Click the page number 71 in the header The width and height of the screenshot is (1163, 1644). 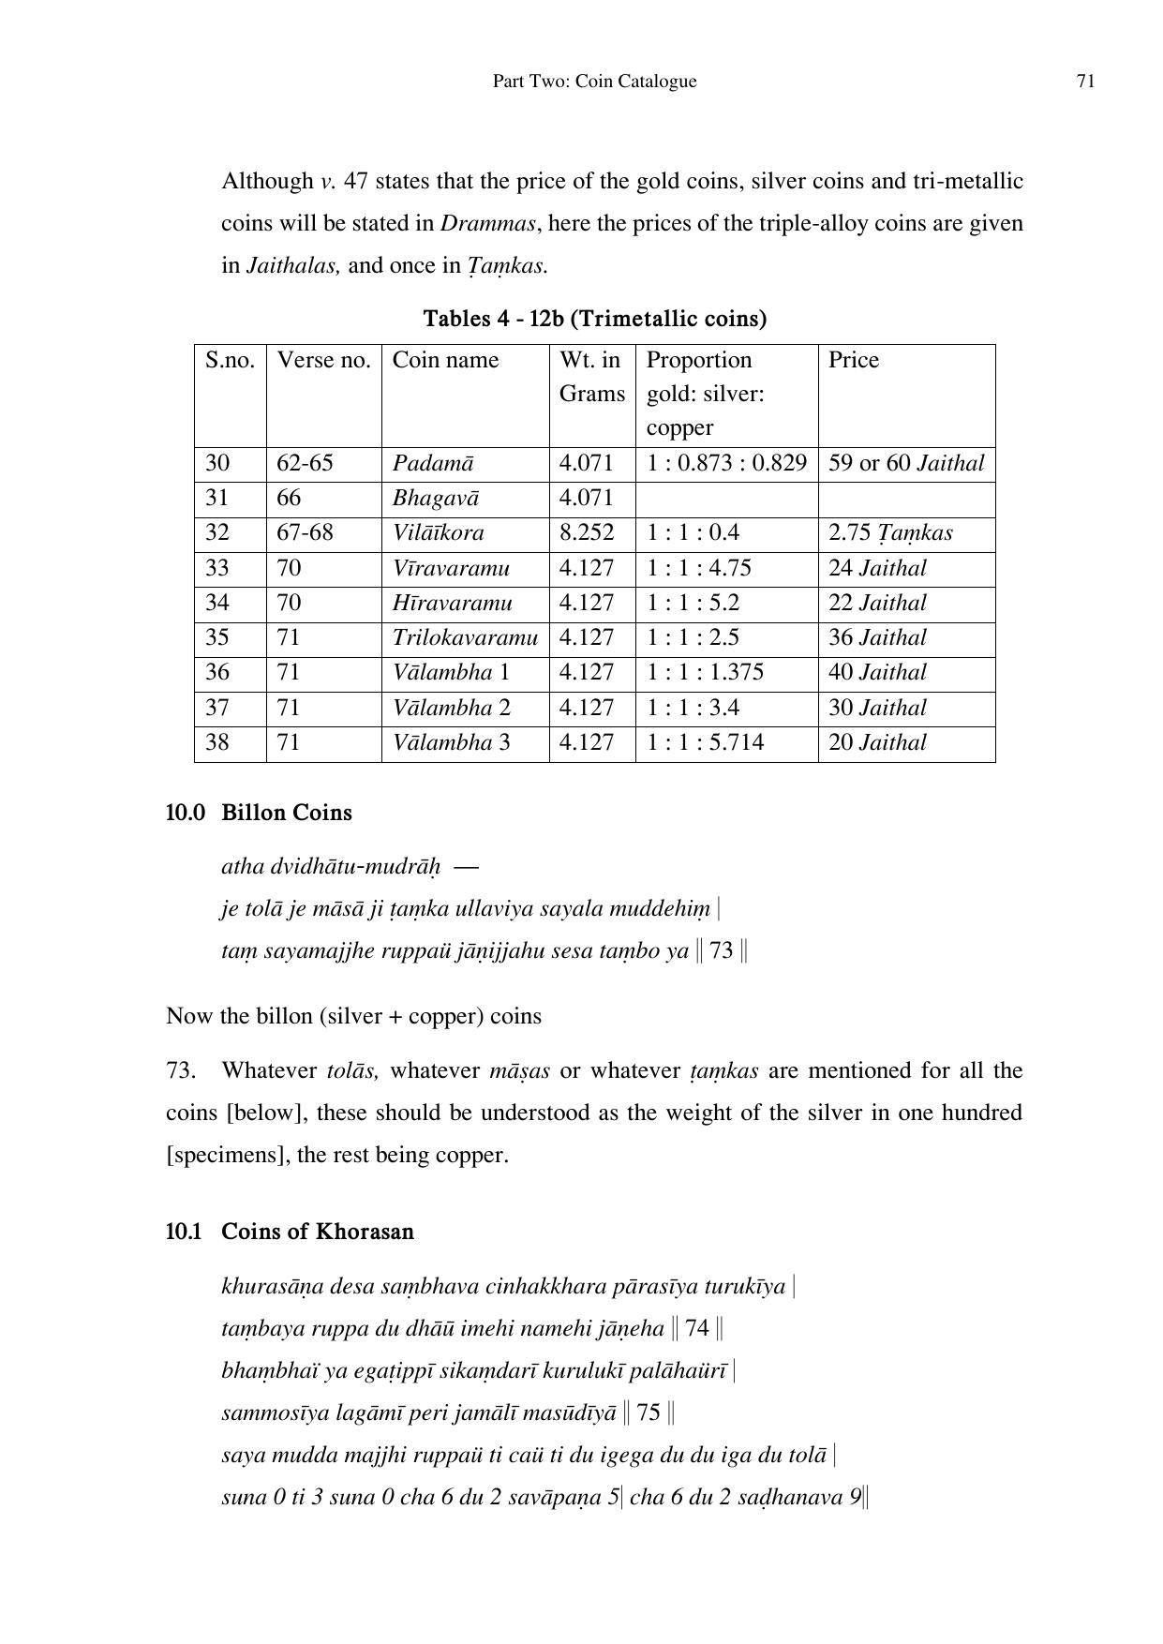[x=1085, y=82]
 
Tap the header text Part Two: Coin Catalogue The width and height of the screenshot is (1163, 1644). [x=594, y=82]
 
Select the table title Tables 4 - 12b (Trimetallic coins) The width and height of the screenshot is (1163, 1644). [x=594, y=319]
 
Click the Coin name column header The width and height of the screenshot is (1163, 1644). [x=445, y=360]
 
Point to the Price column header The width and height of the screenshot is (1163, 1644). [x=853, y=360]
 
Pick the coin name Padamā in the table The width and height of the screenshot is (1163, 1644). [x=433, y=463]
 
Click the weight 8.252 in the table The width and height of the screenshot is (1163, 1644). [x=586, y=532]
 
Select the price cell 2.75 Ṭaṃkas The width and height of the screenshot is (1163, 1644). [x=890, y=532]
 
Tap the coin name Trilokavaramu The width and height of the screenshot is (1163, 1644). [x=465, y=637]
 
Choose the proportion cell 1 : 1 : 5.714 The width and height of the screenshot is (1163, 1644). [x=705, y=742]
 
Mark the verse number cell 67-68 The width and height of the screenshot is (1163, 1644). [x=305, y=532]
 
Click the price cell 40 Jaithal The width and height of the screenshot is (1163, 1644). [x=877, y=672]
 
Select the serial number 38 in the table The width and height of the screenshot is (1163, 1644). [x=217, y=742]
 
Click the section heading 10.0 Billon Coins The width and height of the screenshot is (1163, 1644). [x=259, y=813]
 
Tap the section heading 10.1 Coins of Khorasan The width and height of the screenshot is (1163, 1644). [x=290, y=1232]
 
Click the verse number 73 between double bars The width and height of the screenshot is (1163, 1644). [x=722, y=951]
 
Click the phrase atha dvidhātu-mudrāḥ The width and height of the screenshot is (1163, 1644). [x=331, y=866]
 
